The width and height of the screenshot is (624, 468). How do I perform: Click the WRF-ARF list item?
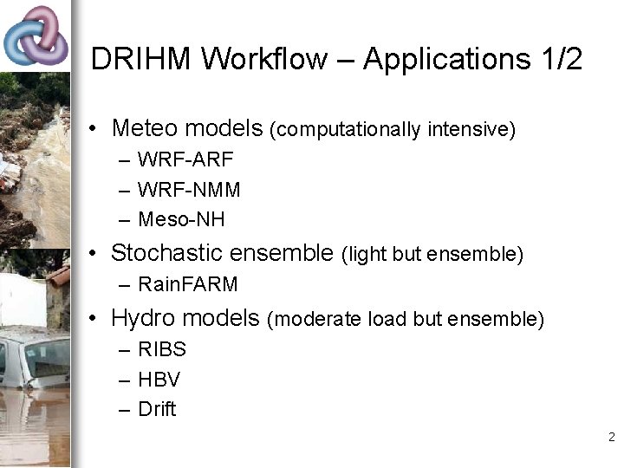(x=185, y=160)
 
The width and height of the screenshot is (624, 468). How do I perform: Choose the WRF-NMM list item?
(x=189, y=190)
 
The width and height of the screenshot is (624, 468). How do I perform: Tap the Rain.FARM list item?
(x=187, y=284)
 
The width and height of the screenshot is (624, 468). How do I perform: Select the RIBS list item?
(x=162, y=350)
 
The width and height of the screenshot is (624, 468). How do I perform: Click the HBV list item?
(x=159, y=380)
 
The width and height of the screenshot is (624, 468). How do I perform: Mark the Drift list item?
(x=157, y=409)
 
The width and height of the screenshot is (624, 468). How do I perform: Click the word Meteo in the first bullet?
(x=144, y=129)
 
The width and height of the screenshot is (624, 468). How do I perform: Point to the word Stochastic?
(x=164, y=253)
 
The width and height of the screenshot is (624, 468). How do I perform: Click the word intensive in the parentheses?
(x=477, y=130)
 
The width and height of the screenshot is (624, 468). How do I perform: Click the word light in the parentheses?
(x=367, y=254)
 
